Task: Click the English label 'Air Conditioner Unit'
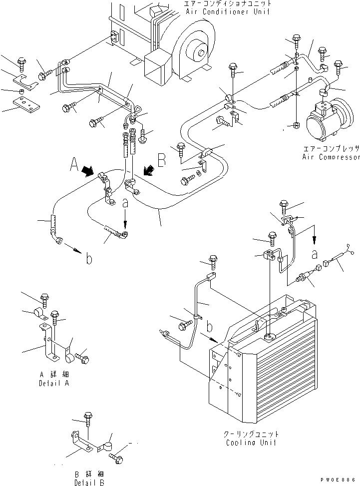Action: [227, 12]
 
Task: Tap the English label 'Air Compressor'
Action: [331, 157]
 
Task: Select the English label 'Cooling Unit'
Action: [251, 443]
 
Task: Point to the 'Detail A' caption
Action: [54, 384]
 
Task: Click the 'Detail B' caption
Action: [89, 483]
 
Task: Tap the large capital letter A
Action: [74, 164]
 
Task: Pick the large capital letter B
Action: [162, 160]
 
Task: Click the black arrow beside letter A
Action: [88, 171]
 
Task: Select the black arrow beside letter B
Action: [149, 170]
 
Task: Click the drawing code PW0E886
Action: [338, 480]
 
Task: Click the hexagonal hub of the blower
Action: [202, 53]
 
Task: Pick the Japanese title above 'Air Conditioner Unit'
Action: [227, 3]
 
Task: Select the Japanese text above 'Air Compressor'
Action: [332, 148]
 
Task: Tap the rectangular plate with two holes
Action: [26, 103]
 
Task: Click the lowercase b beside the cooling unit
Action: [210, 327]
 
